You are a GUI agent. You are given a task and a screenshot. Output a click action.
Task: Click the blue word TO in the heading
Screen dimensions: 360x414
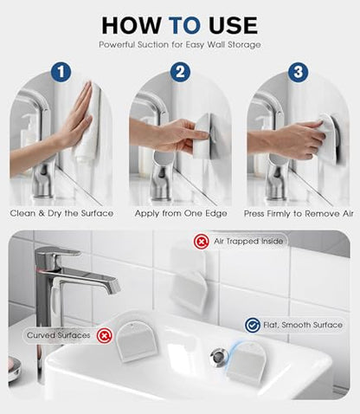tap(184, 25)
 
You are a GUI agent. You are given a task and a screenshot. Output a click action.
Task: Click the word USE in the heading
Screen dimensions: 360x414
tap(233, 25)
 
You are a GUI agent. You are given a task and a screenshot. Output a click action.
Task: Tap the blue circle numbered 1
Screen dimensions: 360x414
tap(61, 72)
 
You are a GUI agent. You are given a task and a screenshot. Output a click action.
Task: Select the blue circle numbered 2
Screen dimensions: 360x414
tap(180, 72)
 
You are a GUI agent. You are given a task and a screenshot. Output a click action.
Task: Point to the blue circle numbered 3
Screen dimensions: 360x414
tap(298, 72)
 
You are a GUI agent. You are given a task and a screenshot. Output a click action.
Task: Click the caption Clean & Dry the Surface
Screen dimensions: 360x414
tap(61, 213)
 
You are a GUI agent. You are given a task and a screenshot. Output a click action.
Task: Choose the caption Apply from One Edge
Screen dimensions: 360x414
tap(181, 214)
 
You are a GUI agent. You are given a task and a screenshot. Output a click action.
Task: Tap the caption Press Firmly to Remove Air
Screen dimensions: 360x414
tap(299, 214)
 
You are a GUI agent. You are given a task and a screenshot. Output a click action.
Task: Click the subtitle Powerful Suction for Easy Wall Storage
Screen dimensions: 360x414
tap(180, 45)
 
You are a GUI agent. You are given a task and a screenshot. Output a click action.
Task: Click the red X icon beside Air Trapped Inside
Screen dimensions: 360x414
tap(202, 242)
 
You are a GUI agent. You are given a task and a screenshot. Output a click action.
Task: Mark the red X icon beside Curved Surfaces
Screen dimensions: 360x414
tap(104, 336)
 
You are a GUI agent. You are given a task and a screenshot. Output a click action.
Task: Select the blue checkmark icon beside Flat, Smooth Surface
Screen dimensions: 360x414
tap(253, 325)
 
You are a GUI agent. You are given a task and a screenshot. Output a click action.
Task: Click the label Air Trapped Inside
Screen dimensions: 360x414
tap(248, 241)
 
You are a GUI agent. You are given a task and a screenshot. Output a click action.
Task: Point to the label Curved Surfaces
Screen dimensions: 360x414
tap(59, 335)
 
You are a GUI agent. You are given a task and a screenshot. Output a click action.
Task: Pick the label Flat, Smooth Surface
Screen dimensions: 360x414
tap(303, 325)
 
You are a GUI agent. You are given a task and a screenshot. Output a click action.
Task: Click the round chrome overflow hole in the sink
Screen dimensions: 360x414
tap(218, 357)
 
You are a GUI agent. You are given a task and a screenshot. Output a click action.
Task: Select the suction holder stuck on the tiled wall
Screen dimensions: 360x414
tap(190, 280)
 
